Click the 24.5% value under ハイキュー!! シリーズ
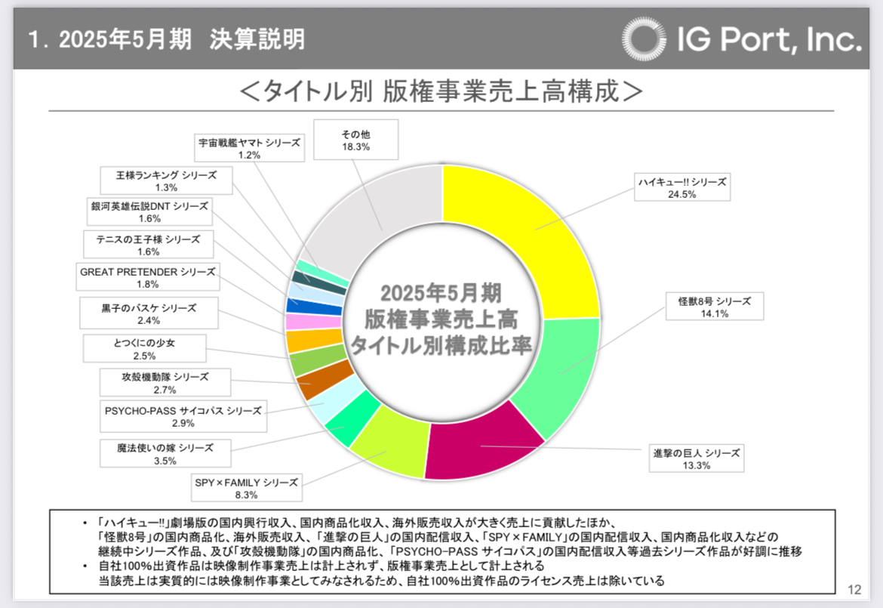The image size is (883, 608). tap(682, 193)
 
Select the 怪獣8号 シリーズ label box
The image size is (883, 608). tap(713, 307)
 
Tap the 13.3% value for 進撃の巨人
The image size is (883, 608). tap(697, 465)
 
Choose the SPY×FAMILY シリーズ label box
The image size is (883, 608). tap(247, 488)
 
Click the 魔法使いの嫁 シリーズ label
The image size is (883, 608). tap(160, 453)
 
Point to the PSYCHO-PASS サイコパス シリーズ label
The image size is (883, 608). tap(183, 417)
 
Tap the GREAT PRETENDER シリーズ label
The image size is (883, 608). tap(148, 278)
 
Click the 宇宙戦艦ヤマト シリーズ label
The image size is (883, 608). tap(249, 148)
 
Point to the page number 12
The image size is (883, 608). tap(855, 589)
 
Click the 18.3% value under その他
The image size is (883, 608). tap(355, 147)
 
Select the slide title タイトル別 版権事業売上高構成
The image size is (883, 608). tap(441, 91)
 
